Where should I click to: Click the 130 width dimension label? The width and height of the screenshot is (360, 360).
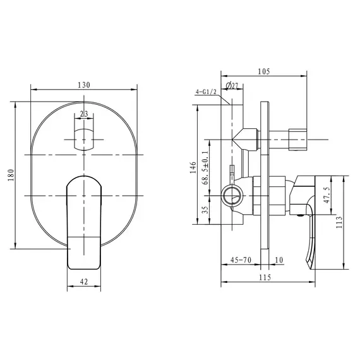(84, 85)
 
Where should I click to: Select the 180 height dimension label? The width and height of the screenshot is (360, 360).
(11, 175)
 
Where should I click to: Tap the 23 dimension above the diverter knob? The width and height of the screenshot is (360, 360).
(84, 114)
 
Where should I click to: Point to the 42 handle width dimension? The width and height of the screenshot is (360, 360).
(84, 282)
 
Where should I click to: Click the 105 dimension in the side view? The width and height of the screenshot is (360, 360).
(264, 71)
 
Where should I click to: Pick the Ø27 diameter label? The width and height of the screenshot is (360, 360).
(232, 86)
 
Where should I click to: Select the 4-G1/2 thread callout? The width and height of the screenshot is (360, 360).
(206, 92)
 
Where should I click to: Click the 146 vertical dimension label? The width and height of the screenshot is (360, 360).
(193, 167)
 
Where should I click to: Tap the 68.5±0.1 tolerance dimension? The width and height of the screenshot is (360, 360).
(205, 168)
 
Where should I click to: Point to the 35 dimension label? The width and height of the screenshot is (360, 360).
(205, 210)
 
